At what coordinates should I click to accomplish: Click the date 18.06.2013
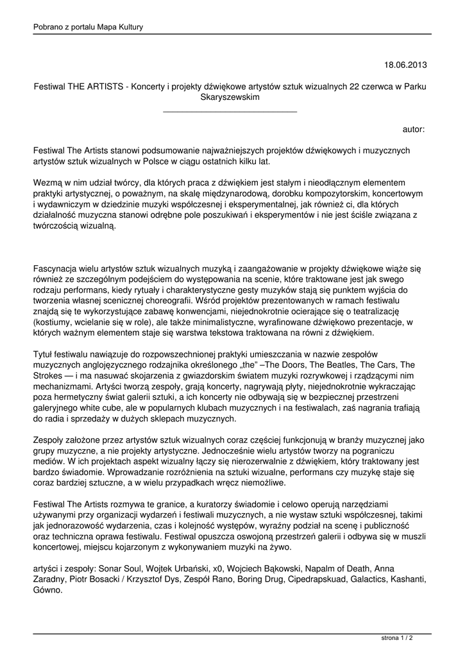click(405, 65)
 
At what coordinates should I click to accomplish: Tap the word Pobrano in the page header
click(49, 27)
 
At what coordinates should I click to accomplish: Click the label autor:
click(414, 129)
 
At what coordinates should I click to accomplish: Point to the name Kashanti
click(407, 580)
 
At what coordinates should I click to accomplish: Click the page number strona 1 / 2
click(397, 639)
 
